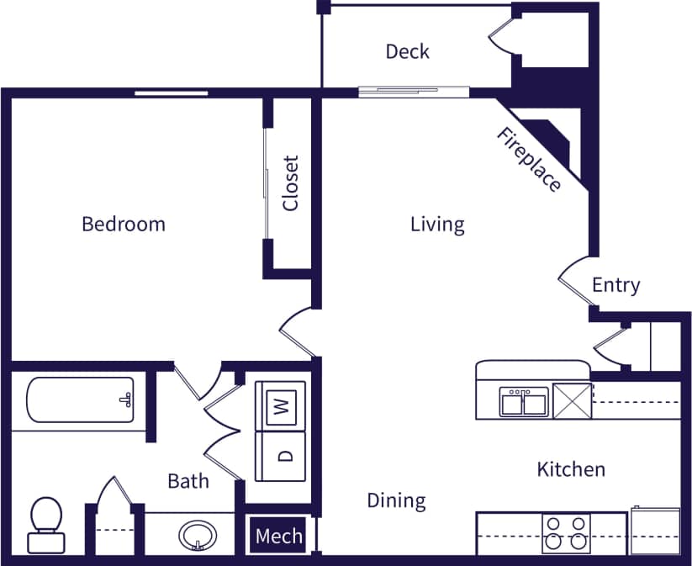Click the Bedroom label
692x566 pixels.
coord(124,225)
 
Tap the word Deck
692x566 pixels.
coord(407,52)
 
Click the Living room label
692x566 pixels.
coord(437,225)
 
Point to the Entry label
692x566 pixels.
coord(615,285)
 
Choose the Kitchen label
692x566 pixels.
coord(571,468)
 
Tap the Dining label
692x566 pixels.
coord(396,501)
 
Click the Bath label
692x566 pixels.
coord(188,481)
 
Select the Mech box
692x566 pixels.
coord(278,536)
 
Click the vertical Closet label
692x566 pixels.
coord(291,183)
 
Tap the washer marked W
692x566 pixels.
coord(282,407)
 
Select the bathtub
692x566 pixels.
coord(80,399)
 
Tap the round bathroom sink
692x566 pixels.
coord(198,534)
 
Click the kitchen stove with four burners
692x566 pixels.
coord(565,532)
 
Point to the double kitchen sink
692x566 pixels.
coord(524,402)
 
